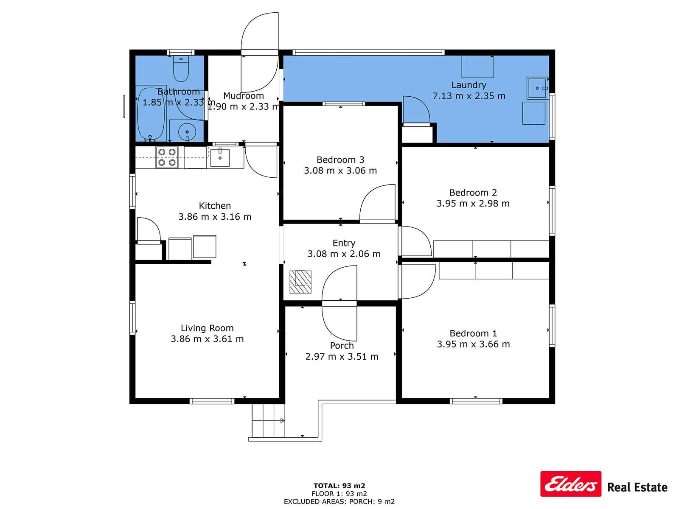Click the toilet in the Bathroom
click(181, 68)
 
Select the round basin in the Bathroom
click(187, 131)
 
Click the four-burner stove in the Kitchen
click(167, 157)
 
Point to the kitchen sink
click(220, 158)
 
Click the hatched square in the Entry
click(300, 282)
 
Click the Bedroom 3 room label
click(340, 160)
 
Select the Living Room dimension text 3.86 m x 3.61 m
click(207, 339)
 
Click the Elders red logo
click(571, 484)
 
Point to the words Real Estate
click(637, 487)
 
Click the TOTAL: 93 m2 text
click(339, 486)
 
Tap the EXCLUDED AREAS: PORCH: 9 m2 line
click(339, 501)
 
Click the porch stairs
click(268, 421)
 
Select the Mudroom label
click(244, 96)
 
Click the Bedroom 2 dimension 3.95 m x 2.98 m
click(473, 203)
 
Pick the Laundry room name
click(469, 85)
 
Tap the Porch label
click(342, 346)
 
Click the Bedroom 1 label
click(473, 333)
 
